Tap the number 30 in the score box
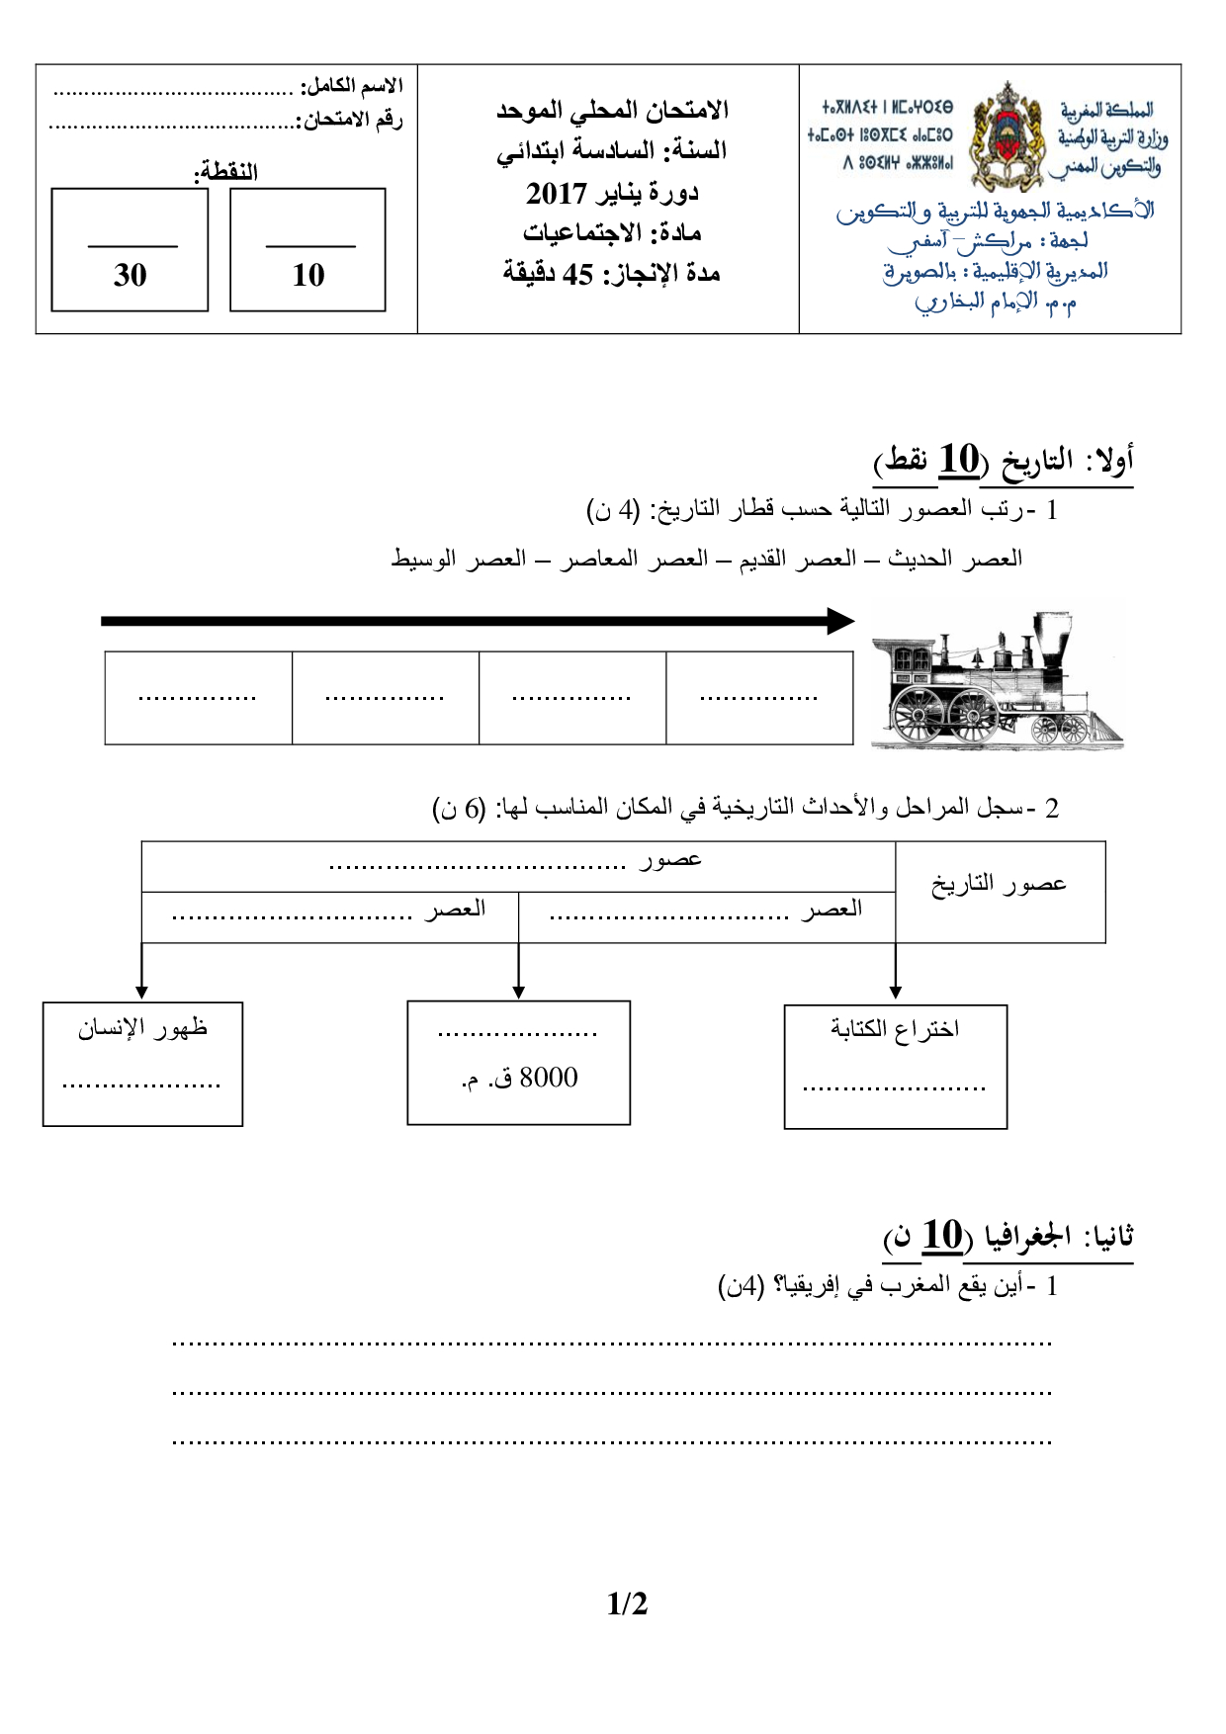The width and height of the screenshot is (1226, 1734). click(130, 275)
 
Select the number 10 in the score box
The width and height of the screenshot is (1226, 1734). click(308, 275)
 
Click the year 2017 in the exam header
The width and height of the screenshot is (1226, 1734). click(557, 193)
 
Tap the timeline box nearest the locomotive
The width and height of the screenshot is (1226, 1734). click(759, 697)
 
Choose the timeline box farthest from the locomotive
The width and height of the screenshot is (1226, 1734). click(198, 697)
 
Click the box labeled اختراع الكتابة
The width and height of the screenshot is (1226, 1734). click(895, 1066)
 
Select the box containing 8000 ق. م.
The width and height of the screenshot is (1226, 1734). click(518, 1063)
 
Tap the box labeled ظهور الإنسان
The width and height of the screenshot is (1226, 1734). click(142, 1063)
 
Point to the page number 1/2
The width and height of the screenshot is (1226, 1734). click(627, 1604)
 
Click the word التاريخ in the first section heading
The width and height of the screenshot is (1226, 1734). click(1037, 460)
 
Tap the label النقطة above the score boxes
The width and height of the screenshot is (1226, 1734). click(226, 171)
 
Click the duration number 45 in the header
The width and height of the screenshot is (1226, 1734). click(577, 274)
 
